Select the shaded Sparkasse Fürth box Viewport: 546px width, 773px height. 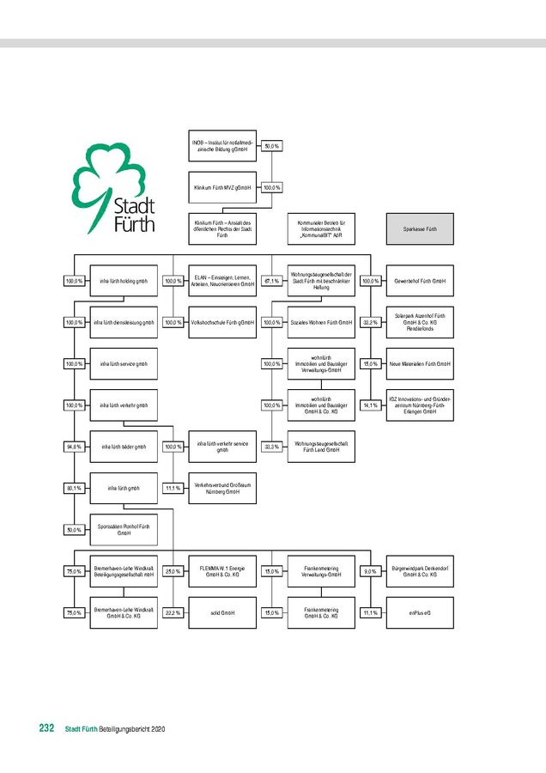420,229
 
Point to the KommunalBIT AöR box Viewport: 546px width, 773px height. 320,229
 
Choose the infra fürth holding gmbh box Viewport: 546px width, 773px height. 124,281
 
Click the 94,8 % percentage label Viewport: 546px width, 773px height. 74,447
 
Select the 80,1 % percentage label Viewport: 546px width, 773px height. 74,488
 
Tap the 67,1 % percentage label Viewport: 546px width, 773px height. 272,281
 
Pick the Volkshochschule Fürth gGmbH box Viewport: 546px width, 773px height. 222,322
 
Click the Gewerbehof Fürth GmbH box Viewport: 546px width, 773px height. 420,281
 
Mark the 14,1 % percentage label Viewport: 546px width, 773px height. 371,405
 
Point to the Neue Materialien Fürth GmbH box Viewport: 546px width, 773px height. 420,364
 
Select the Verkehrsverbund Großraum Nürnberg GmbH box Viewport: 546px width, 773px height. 222,488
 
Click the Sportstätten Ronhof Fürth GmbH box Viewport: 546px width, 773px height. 124,529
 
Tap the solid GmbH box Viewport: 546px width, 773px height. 222,613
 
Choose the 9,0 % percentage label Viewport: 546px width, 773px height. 371,571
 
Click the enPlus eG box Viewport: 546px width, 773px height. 420,613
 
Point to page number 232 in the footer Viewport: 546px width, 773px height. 46,728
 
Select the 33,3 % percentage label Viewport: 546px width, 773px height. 272,447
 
